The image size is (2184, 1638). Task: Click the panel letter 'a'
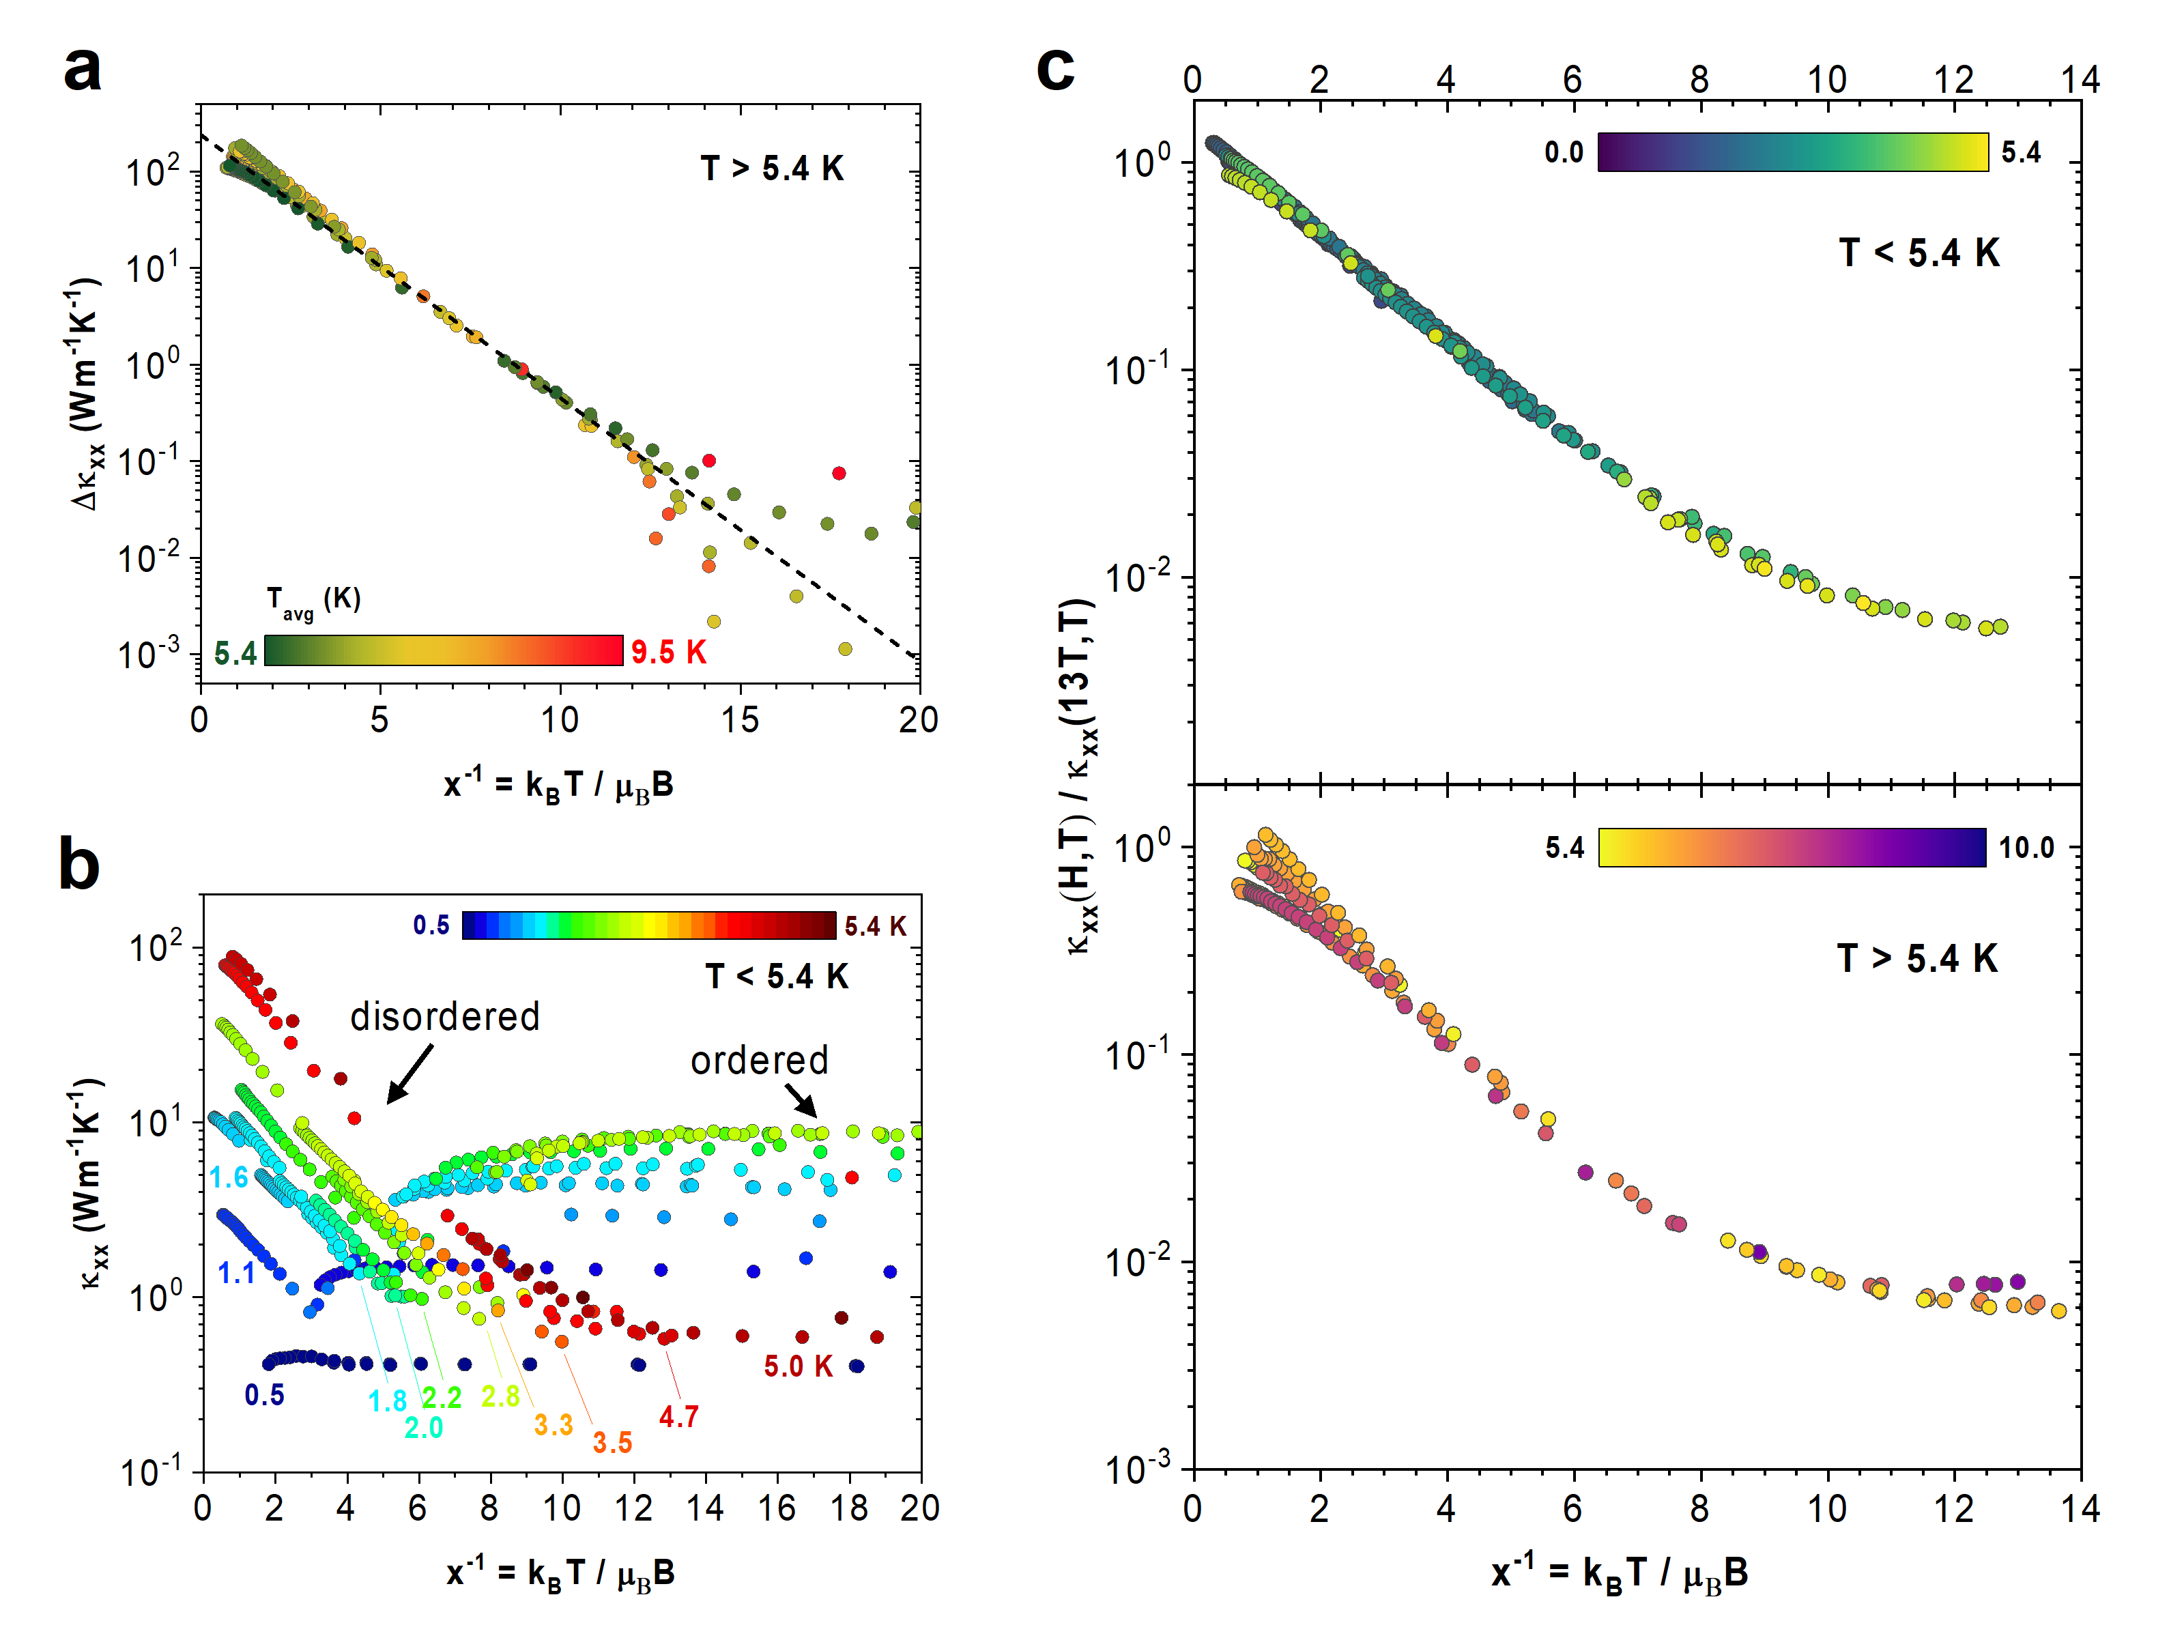82,71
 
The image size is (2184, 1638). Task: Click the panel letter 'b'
79,864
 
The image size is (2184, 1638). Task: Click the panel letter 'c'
1054,69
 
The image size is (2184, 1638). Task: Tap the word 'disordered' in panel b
444,1017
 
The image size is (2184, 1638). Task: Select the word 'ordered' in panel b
759,1061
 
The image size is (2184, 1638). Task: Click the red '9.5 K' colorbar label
668,652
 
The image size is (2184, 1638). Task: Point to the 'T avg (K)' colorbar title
313,601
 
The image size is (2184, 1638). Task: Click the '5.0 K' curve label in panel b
798,1366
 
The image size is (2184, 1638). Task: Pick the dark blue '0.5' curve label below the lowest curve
265,1395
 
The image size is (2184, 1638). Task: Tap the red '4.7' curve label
678,1417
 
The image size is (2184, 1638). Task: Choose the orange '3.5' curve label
612,1443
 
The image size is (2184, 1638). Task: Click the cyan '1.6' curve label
229,1178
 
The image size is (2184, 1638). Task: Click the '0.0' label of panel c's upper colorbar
1564,152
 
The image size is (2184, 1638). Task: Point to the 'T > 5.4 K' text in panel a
772,169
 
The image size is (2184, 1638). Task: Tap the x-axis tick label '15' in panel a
740,720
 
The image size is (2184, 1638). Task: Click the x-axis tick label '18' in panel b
849,1508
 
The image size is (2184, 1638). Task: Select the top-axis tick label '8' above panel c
1699,80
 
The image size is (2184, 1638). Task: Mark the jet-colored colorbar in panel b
648,925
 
